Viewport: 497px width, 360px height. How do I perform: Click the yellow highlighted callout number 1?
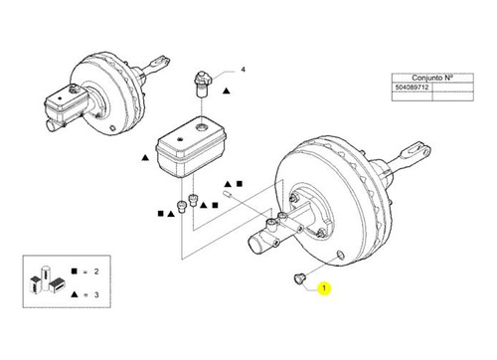point(324,288)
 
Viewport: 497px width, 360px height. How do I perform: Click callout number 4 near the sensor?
point(244,70)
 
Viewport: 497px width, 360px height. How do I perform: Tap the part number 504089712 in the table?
point(412,88)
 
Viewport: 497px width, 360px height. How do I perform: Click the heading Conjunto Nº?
point(432,78)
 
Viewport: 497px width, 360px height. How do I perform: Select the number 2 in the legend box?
point(96,271)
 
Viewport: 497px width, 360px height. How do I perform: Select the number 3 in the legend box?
point(96,294)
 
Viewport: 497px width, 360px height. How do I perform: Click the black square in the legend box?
point(75,271)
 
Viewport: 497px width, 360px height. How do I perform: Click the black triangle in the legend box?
point(75,294)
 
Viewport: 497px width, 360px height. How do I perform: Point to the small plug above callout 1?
point(299,278)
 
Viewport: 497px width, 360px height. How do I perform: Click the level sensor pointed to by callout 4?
point(202,84)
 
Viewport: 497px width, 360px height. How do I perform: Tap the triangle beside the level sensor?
point(227,90)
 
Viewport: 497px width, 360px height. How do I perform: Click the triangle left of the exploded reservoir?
point(145,158)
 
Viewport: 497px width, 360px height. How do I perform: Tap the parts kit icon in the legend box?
point(47,279)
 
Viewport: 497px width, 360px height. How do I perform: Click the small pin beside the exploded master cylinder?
point(228,193)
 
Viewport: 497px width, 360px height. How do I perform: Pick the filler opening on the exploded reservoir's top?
point(201,126)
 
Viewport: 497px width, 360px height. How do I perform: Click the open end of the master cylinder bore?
point(255,245)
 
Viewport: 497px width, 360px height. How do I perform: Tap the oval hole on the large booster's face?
point(340,255)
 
